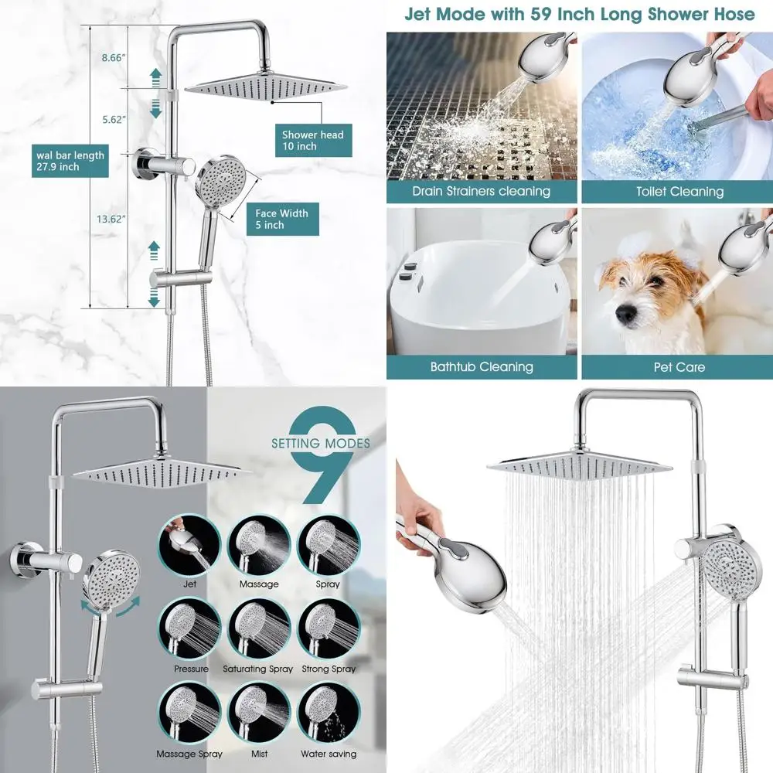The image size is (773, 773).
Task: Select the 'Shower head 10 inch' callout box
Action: click(x=312, y=141)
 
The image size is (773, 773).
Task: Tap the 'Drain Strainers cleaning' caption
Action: click(x=481, y=191)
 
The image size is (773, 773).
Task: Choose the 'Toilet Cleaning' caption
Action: click(x=679, y=191)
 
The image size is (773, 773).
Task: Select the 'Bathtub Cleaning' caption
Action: click(x=481, y=366)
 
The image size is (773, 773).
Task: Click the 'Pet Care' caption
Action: click(x=679, y=366)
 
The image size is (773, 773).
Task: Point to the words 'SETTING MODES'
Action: click(x=320, y=444)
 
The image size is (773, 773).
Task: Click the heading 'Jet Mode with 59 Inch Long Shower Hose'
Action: click(x=578, y=14)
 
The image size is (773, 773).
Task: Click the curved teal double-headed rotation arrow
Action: click(x=97, y=608)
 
